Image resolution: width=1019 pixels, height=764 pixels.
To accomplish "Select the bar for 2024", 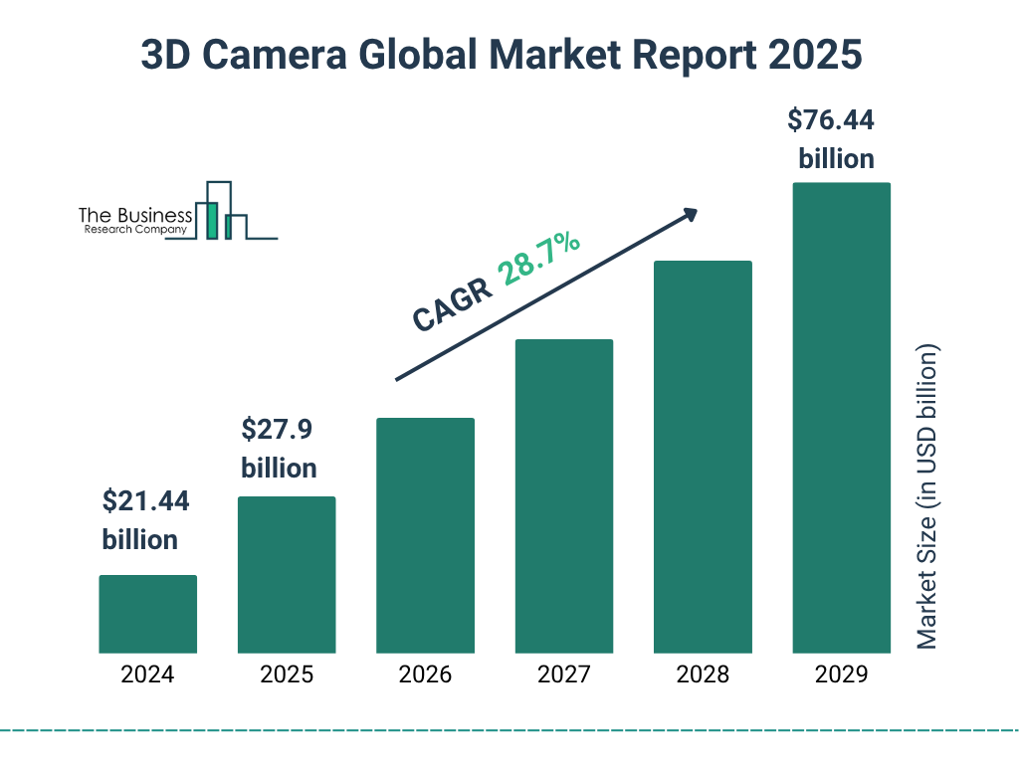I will (x=147, y=614).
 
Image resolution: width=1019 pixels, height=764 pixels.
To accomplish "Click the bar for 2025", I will (x=287, y=574).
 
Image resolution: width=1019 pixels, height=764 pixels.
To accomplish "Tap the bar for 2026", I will (x=425, y=535).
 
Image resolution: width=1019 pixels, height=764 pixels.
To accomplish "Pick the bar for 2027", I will (x=563, y=495).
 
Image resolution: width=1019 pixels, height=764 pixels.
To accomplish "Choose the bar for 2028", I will (x=703, y=457).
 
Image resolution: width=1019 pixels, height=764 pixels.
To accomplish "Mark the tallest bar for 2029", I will (x=841, y=418).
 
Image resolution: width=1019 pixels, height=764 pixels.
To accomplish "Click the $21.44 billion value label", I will (x=145, y=520).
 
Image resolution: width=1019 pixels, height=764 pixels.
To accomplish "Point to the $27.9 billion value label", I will (x=280, y=449).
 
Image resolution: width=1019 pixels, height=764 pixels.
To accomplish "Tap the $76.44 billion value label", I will (x=831, y=139).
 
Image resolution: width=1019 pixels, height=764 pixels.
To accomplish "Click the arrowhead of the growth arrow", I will (x=689, y=215).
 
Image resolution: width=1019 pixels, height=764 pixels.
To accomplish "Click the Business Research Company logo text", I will (x=135, y=221).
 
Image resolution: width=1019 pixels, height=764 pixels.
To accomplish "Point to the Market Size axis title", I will (x=927, y=497).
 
